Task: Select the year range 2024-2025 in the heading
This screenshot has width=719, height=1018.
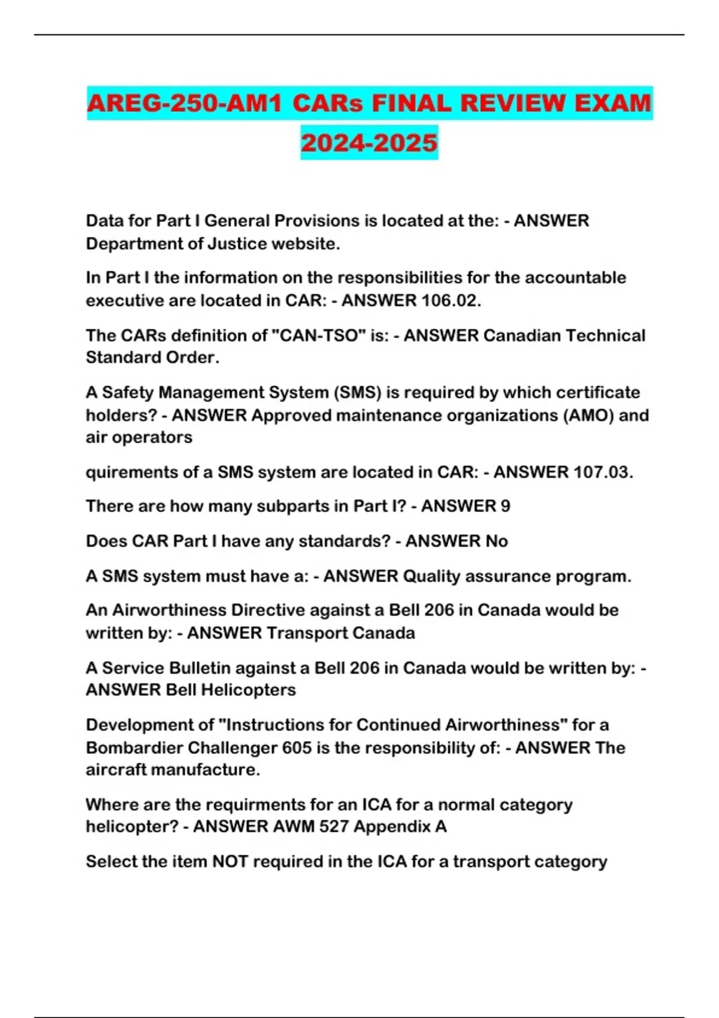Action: [x=369, y=143]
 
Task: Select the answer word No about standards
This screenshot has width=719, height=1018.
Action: [x=497, y=541]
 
